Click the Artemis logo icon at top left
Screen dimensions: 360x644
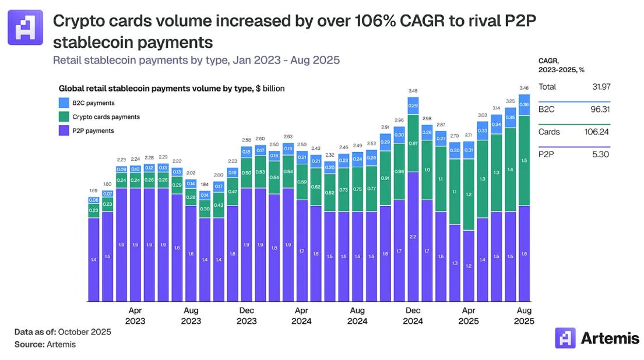click(x=25, y=27)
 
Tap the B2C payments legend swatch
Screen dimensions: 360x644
click(x=65, y=103)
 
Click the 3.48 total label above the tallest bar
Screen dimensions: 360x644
click(x=413, y=91)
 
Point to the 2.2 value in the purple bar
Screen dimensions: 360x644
click(x=413, y=237)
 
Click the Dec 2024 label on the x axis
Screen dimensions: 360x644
click(x=413, y=316)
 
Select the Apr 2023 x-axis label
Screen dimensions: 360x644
click(x=135, y=316)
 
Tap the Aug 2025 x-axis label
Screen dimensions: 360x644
click(x=524, y=316)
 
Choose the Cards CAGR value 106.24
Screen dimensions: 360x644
click(x=597, y=132)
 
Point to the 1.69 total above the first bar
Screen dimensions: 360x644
click(x=93, y=191)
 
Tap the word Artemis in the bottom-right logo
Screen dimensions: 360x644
click(x=610, y=338)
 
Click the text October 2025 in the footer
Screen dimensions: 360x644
click(x=84, y=332)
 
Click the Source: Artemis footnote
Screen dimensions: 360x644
click(x=45, y=344)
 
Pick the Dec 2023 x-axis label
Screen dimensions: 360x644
click(x=247, y=316)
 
